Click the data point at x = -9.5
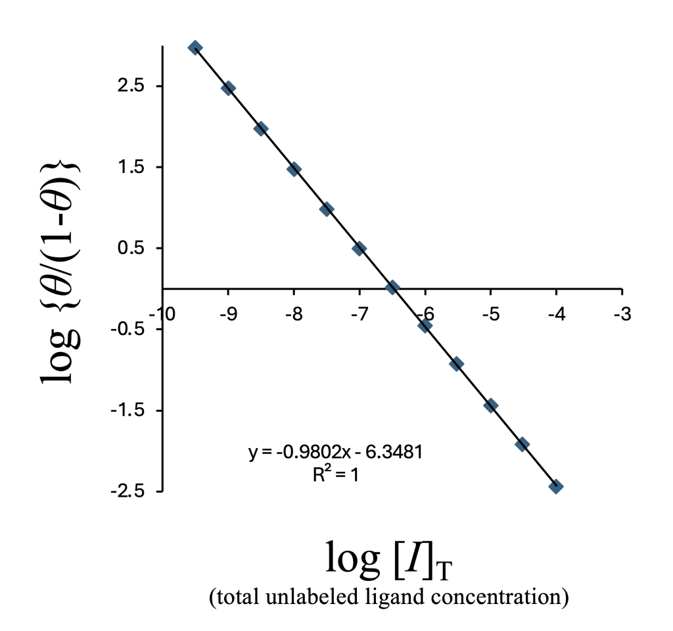coord(195,47)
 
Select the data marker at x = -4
coord(556,487)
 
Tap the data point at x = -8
coord(294,169)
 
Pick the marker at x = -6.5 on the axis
coord(392,288)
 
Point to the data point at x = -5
coord(490,405)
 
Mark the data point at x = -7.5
coord(327,209)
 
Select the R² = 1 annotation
coord(335,474)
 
